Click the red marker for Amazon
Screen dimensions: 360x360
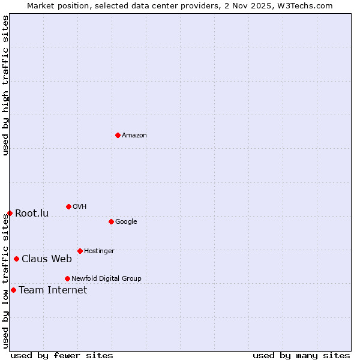(118, 135)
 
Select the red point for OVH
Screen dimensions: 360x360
(68, 206)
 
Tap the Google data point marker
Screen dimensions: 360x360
(111, 221)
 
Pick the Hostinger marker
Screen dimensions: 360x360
(80, 251)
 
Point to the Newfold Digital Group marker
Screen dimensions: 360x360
(67, 278)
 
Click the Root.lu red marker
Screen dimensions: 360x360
(10, 213)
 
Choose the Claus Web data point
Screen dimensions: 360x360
(16, 259)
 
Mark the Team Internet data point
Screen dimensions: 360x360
(13, 290)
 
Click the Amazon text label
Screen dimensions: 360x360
(134, 136)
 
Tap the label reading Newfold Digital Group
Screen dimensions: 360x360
(106, 278)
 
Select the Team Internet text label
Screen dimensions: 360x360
(53, 290)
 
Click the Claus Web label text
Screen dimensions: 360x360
(47, 259)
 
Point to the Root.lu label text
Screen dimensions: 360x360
(32, 214)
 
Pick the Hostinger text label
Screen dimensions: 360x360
(99, 251)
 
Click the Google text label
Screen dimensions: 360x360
(126, 222)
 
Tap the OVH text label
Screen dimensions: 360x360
(80, 207)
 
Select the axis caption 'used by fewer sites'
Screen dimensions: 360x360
(62, 355)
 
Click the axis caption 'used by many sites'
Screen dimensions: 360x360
(301, 355)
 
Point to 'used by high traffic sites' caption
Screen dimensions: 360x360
(5, 85)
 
